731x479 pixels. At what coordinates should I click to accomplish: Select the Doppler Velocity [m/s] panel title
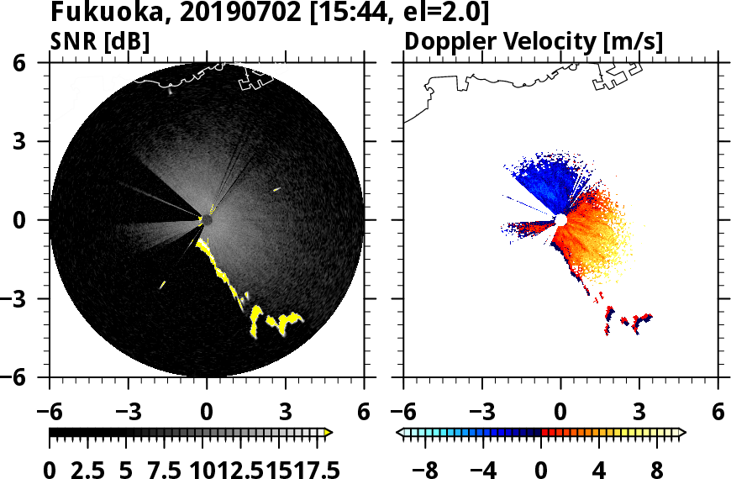tap(534, 42)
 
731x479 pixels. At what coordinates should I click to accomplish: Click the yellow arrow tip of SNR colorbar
tap(329, 433)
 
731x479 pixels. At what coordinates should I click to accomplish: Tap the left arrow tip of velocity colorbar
tap(400, 433)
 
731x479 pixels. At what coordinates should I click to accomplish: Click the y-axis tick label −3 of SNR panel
tap(31, 300)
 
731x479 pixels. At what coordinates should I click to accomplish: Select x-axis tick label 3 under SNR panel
tap(285, 413)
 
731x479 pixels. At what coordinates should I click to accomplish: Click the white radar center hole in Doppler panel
tap(560, 220)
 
